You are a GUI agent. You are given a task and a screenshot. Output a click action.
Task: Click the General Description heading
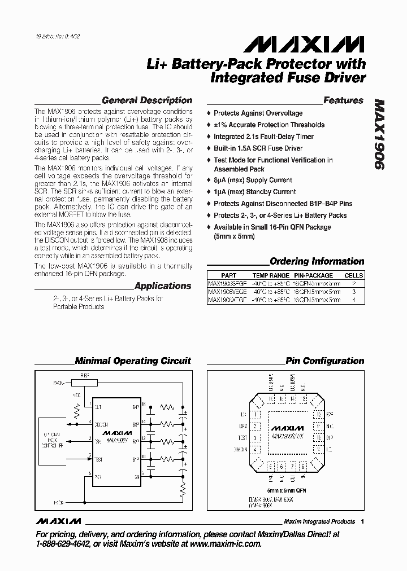(x=146, y=100)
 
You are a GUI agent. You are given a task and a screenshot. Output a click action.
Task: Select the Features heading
(x=343, y=100)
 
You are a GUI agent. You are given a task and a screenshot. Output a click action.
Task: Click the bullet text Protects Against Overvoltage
(x=258, y=113)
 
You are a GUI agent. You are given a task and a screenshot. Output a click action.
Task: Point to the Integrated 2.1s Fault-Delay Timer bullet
(x=263, y=137)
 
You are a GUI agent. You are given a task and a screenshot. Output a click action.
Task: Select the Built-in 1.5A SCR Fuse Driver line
(x=258, y=148)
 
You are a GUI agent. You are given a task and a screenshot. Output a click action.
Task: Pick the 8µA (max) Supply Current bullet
(x=253, y=181)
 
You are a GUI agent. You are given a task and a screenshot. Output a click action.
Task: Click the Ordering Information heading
(x=317, y=261)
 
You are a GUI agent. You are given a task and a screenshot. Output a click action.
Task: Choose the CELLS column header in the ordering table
(x=353, y=275)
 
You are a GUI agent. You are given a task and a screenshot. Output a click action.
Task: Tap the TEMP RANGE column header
(x=269, y=275)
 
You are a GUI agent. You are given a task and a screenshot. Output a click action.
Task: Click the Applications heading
(x=163, y=285)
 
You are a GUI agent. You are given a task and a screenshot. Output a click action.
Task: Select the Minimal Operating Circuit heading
(x=133, y=361)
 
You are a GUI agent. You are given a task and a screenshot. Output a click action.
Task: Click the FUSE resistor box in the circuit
(x=84, y=383)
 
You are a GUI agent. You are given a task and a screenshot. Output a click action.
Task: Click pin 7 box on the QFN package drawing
(x=292, y=466)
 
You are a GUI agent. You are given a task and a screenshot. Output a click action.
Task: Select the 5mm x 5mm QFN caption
(x=287, y=491)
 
